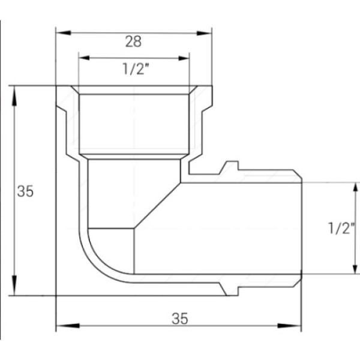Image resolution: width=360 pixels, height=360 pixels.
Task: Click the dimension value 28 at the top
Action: pyautogui.click(x=133, y=41)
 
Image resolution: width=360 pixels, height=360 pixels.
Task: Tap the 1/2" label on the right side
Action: pyautogui.click(x=343, y=228)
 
